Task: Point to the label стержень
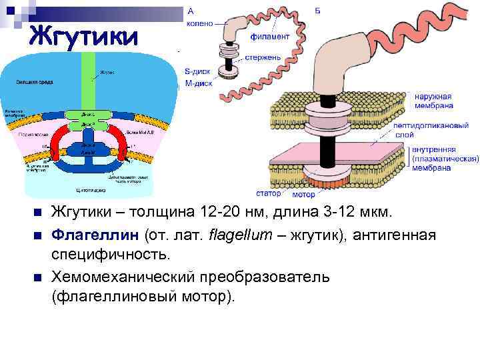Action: (261, 57)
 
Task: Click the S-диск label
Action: (197, 71)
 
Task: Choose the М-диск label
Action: (197, 84)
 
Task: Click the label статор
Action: (269, 193)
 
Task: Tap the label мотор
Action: (303, 195)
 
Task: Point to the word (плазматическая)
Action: (445, 159)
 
